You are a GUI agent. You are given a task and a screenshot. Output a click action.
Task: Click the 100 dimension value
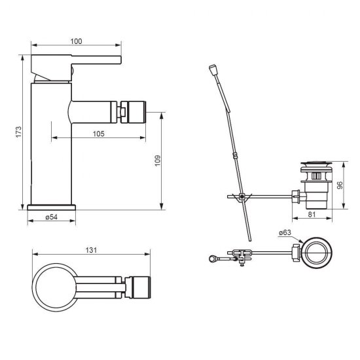tap(76, 41)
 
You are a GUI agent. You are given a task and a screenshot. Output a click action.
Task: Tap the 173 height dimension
tap(18, 132)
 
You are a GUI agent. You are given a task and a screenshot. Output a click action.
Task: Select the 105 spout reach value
tap(98, 134)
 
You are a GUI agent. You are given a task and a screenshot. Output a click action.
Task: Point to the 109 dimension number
tap(158, 161)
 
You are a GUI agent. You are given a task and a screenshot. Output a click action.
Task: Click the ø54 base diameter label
tap(52, 217)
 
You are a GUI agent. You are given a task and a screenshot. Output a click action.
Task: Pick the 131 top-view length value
tap(91, 250)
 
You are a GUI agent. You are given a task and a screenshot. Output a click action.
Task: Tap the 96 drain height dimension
tap(340, 185)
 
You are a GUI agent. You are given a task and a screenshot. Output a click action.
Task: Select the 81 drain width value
tap(312, 215)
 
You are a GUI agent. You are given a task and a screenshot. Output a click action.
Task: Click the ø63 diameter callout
tap(285, 232)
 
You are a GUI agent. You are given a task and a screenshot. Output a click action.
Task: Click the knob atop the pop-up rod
tap(212, 69)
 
